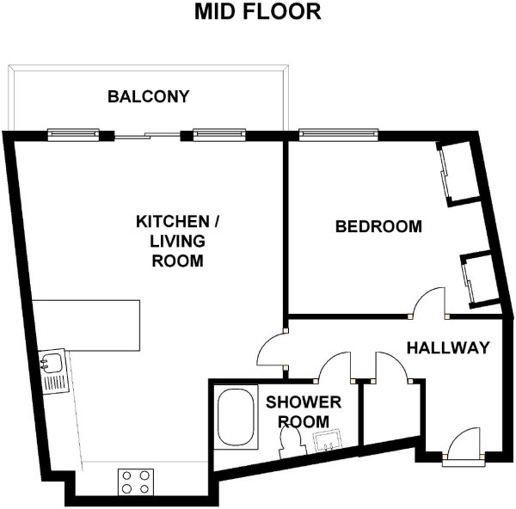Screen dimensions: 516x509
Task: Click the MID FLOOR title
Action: (x=258, y=11)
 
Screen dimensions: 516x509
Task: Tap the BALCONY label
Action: (x=149, y=96)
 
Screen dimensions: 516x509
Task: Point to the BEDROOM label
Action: (x=378, y=226)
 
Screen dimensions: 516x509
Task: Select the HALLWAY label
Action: (x=448, y=347)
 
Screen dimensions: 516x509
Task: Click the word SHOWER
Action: (x=304, y=402)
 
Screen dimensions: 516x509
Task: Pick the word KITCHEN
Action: (x=173, y=222)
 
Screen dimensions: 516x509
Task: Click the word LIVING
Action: (x=178, y=242)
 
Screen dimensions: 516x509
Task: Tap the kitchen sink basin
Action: (x=51, y=362)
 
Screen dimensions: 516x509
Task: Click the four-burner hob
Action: (x=136, y=482)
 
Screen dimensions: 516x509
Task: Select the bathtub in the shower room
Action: (x=236, y=417)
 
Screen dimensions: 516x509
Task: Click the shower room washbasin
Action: (x=327, y=440)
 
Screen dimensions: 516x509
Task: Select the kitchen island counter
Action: (x=86, y=325)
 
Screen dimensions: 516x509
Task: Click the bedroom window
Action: (x=338, y=135)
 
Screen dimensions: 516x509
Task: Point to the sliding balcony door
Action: (x=147, y=135)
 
